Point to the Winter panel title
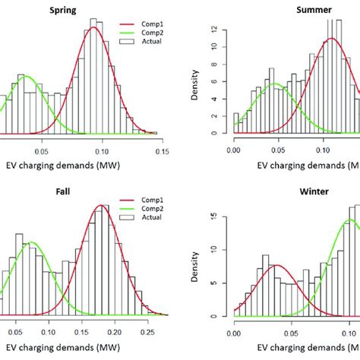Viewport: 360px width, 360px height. click(312, 191)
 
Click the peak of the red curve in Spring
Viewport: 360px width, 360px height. click(93, 27)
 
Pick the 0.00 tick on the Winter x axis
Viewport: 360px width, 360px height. click(234, 332)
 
